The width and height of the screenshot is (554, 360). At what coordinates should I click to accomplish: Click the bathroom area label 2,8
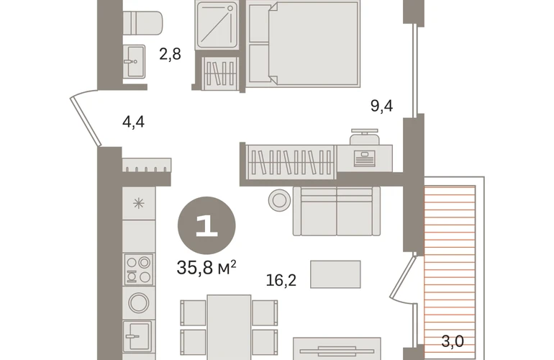170,54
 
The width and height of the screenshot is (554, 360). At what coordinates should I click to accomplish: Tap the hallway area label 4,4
133,122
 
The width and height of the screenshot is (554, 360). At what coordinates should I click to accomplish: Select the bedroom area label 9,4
381,106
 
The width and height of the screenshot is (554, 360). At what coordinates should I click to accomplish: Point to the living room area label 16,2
281,280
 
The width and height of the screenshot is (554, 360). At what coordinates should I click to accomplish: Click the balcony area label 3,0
453,341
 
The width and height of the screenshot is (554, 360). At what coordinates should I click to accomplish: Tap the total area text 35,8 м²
206,268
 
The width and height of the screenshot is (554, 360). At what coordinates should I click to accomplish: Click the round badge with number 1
206,225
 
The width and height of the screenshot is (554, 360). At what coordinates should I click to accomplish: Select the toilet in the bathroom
142,23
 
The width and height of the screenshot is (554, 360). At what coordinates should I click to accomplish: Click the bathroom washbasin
135,61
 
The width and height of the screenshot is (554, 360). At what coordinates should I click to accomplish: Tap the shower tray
217,24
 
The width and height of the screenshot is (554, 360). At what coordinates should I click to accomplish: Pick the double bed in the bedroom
303,43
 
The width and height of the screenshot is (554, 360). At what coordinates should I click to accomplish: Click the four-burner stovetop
138,269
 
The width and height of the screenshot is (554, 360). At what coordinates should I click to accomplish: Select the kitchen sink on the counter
137,336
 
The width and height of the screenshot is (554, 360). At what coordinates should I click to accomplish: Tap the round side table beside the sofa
279,200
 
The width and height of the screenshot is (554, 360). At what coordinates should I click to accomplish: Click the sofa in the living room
337,211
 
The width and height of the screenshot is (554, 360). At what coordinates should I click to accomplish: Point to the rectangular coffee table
336,274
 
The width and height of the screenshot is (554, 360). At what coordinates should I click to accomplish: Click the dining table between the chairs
229,328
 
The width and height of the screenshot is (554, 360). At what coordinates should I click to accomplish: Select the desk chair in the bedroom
365,137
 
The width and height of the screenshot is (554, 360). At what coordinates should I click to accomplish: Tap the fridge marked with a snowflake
138,203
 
